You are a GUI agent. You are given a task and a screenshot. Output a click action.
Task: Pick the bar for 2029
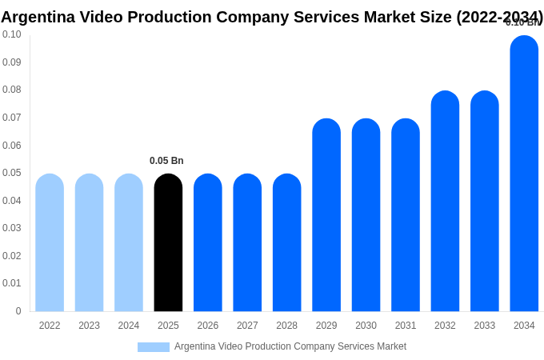[x=326, y=215]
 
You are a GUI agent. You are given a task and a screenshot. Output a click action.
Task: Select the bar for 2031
[x=406, y=215]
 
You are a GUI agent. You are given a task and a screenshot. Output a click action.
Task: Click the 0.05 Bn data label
[x=166, y=161]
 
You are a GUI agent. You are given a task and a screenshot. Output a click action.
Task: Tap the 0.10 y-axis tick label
[x=12, y=34]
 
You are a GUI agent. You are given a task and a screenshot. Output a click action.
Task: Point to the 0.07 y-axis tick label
[x=12, y=118]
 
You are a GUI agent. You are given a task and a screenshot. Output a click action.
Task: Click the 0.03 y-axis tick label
[x=12, y=228]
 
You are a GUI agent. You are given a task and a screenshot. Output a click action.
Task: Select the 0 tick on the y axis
[x=18, y=311]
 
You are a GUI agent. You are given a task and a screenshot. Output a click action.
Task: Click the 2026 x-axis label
[x=208, y=326]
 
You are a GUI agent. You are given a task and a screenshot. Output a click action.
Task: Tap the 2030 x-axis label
[x=366, y=326]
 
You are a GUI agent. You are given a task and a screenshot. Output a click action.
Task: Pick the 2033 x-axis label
[x=484, y=326]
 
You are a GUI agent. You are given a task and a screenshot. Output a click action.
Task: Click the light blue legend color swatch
[x=154, y=347]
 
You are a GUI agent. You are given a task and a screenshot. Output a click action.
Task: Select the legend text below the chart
[x=290, y=346]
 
